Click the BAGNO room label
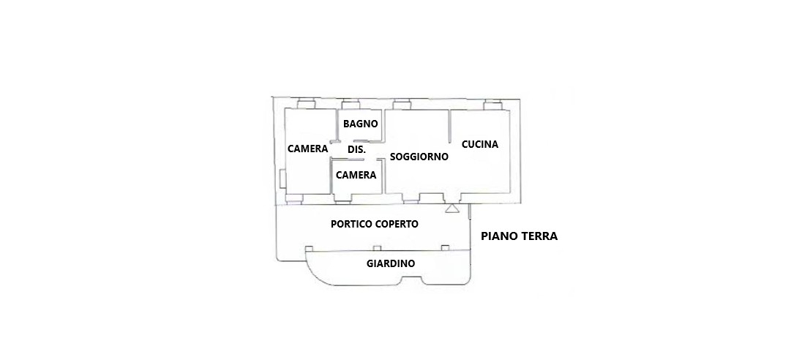coord(361,123)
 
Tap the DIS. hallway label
coord(356,150)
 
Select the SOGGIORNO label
coord(419,157)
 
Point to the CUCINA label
coord(480,144)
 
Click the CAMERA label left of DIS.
coord(307,149)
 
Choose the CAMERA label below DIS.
coord(356,175)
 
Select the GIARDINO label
coord(391,264)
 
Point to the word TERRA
coord(538,236)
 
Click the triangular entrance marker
coord(451,209)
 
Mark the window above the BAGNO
coord(351,104)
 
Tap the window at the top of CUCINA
coord(492,105)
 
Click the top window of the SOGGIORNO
coord(402,105)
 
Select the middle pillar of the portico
coord(377,249)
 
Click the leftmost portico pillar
coord(308,249)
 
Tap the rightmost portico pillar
coord(445,249)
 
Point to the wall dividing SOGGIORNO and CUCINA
coord(449,126)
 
